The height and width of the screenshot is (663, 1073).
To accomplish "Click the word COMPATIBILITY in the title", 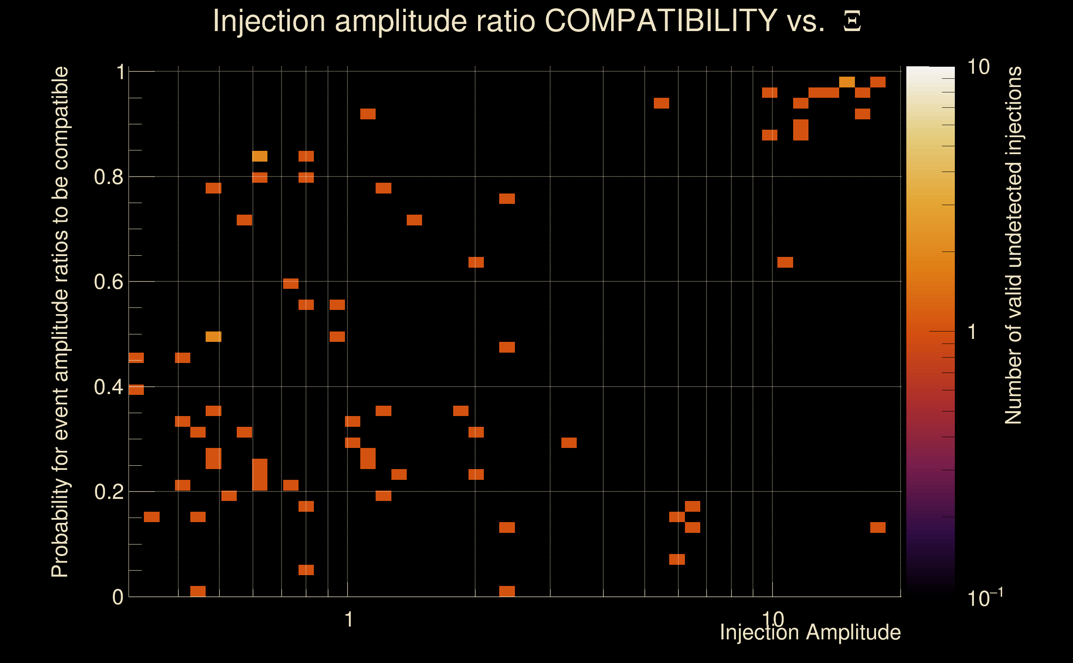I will (x=660, y=21).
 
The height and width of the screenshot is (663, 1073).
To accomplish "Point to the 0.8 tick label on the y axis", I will (x=108, y=177).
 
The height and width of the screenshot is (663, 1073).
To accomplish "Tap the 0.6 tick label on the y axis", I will (x=108, y=282).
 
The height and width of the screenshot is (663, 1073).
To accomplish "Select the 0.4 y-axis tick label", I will (x=108, y=387).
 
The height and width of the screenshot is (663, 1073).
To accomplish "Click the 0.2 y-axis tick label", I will (x=108, y=492).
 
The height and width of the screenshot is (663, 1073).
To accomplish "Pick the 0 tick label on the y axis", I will (x=118, y=597).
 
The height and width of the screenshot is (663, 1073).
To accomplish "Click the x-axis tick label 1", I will (x=349, y=619).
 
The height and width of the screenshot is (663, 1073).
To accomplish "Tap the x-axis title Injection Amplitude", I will (x=810, y=632).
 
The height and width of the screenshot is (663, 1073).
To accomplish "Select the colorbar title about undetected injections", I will (x=1013, y=246).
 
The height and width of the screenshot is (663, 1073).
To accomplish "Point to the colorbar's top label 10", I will (x=978, y=67).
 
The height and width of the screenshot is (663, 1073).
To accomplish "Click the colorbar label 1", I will (x=972, y=332).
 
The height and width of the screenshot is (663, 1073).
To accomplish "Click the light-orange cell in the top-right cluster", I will (x=847, y=82).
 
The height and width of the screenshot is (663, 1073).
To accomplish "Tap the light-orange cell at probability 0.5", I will (x=214, y=337).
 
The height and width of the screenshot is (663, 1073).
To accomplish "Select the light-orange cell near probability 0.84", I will (x=260, y=156).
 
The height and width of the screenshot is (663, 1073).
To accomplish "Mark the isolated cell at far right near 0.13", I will (x=878, y=527).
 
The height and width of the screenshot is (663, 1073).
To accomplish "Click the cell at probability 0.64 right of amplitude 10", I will (x=785, y=262).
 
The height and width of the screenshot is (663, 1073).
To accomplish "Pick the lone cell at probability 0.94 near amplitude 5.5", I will (x=661, y=103).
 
